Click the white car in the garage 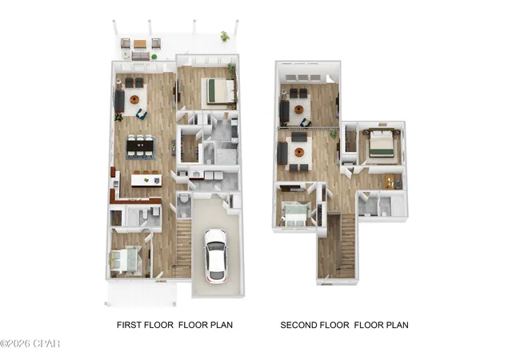coord(215,255)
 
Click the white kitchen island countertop coord(146,180)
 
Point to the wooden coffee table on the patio coord(140,44)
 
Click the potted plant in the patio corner coord(225,36)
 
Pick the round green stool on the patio coord(154,57)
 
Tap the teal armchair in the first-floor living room coord(142,114)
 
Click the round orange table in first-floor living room coord(134,99)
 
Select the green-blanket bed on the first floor coord(218,90)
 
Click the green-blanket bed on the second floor coord(382,144)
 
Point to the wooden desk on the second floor coord(390,182)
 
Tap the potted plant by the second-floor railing coord(334,134)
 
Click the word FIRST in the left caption coord(129,325)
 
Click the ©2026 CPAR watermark coord(30,344)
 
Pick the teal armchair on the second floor coord(306,122)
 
